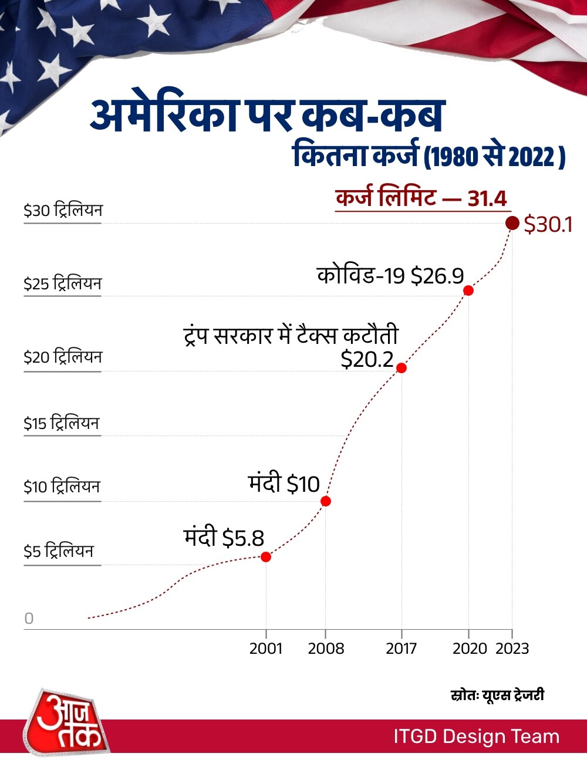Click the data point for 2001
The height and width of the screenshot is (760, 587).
[x=266, y=556]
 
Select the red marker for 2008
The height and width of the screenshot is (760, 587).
[x=326, y=501]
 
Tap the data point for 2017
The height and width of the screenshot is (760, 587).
[x=402, y=368]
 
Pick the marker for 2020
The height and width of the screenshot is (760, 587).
[x=468, y=290]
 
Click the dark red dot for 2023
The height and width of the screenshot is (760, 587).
[x=512, y=223]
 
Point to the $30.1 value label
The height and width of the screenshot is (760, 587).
[x=548, y=225]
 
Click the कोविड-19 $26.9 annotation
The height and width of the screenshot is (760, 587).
[x=390, y=275]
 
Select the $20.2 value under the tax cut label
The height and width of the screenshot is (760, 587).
[x=367, y=359]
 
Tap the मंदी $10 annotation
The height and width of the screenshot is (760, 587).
[x=284, y=484]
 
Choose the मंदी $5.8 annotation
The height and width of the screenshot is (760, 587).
[x=224, y=537]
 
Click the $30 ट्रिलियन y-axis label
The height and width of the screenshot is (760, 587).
[x=63, y=211]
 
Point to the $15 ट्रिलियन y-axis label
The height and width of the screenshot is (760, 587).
[x=62, y=423]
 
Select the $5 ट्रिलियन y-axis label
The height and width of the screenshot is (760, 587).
[x=59, y=552]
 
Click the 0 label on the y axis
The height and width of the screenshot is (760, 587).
[x=29, y=619]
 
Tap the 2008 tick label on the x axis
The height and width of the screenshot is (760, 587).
[x=326, y=648]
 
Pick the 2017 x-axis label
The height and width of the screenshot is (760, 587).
[x=402, y=648]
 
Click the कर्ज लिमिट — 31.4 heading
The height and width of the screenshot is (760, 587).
[x=421, y=198]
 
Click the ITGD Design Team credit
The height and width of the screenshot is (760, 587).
[x=476, y=737]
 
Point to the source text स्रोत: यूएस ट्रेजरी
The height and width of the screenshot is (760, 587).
[x=497, y=695]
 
